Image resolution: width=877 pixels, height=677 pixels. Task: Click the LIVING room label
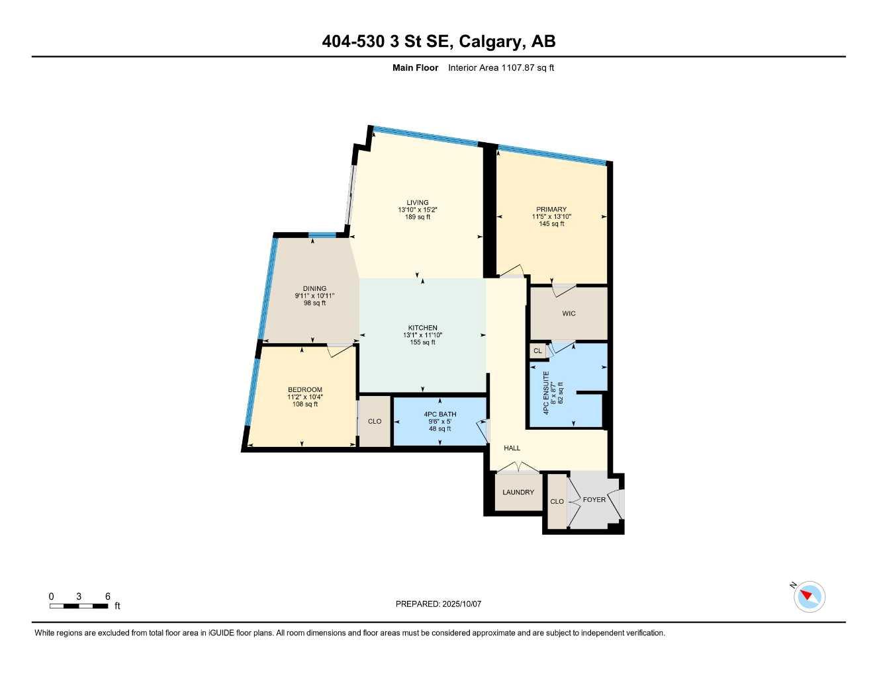point(417,203)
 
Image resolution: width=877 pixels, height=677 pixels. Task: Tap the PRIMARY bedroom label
point(551,210)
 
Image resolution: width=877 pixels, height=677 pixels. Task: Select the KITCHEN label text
point(422,328)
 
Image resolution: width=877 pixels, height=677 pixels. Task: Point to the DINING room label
point(314,288)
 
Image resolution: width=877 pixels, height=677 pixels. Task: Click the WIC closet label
point(569,313)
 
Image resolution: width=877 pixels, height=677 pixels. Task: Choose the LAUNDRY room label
point(518,493)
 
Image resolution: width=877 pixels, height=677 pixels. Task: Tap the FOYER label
point(594,500)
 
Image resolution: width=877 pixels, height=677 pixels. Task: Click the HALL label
point(512,448)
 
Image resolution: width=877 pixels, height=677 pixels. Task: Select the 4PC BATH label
point(439,415)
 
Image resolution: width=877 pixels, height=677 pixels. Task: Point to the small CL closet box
point(537,351)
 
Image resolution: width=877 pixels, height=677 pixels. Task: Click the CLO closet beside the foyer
point(557,502)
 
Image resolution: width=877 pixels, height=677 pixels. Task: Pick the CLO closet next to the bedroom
point(375,421)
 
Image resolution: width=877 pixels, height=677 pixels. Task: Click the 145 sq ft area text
point(551,224)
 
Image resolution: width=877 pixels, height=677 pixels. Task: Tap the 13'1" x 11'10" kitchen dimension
point(422,335)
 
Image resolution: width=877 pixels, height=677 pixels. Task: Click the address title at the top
point(438,42)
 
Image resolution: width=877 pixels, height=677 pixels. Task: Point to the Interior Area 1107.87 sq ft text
point(500,67)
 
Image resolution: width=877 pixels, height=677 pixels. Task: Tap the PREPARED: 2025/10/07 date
point(438,604)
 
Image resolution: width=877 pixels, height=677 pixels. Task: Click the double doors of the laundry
point(518,468)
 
